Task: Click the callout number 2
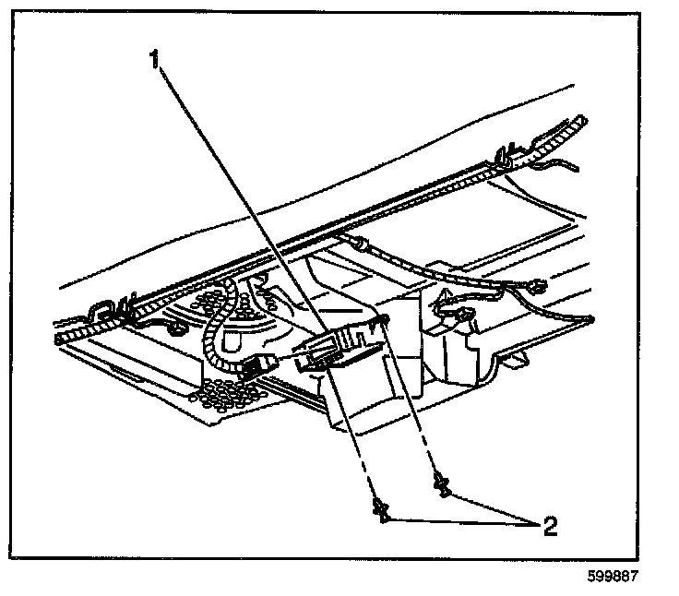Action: (x=551, y=527)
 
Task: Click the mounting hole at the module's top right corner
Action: (x=382, y=320)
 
